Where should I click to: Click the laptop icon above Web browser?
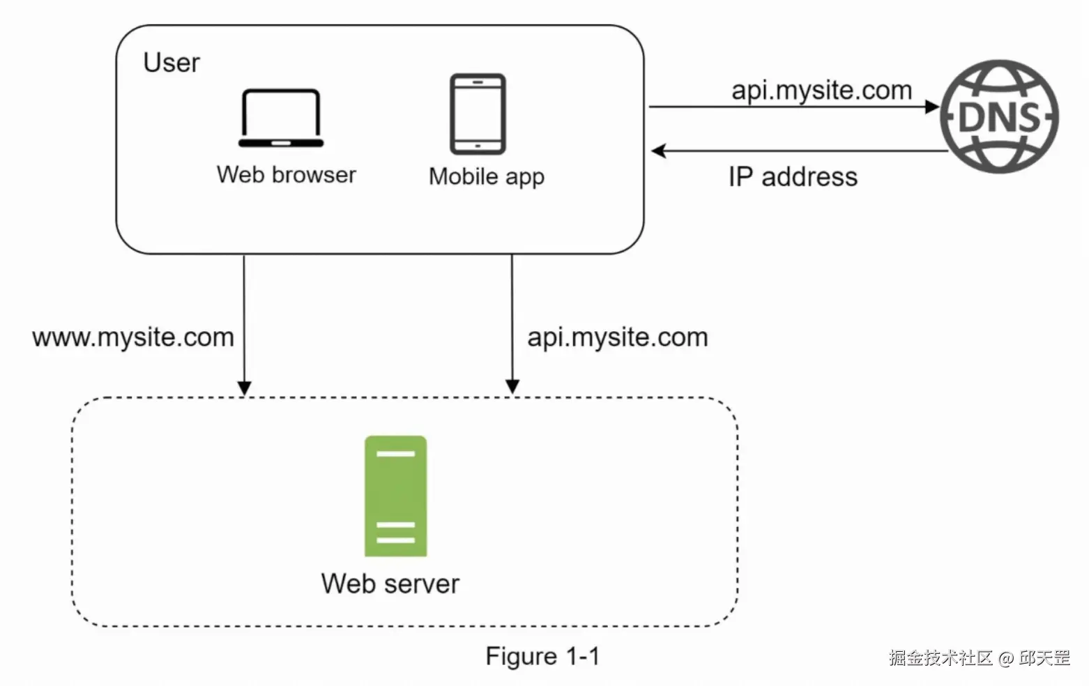coord(281,119)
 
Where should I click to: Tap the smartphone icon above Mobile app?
coord(478,114)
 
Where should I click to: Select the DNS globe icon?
coord(999,116)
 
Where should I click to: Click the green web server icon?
coord(395,496)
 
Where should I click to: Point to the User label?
coord(172,63)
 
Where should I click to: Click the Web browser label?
coord(286,174)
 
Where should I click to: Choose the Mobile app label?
coord(486,176)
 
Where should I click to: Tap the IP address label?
coord(793,177)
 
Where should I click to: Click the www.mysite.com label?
coord(133,337)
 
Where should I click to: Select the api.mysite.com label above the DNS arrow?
coord(821,91)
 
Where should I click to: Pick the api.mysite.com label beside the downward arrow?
coord(617,337)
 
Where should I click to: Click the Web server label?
coord(390,584)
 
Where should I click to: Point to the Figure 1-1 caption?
coord(542,656)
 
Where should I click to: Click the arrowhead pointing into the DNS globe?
coord(932,107)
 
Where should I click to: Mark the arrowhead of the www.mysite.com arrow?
coord(244,388)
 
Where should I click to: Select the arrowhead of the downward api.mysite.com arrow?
coord(512,386)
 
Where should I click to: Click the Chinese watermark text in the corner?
coord(979,657)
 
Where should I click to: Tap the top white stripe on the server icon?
coord(395,454)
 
